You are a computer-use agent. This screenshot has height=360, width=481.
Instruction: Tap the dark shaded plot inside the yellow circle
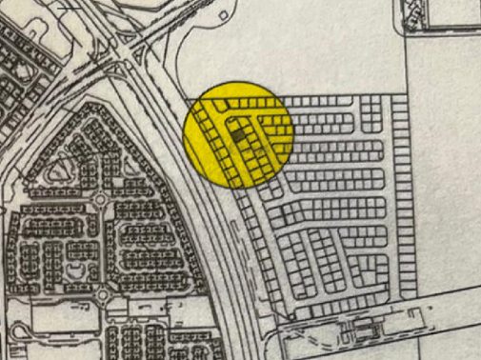[238, 138]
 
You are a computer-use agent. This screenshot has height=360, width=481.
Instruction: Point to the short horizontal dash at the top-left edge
[70, 7]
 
